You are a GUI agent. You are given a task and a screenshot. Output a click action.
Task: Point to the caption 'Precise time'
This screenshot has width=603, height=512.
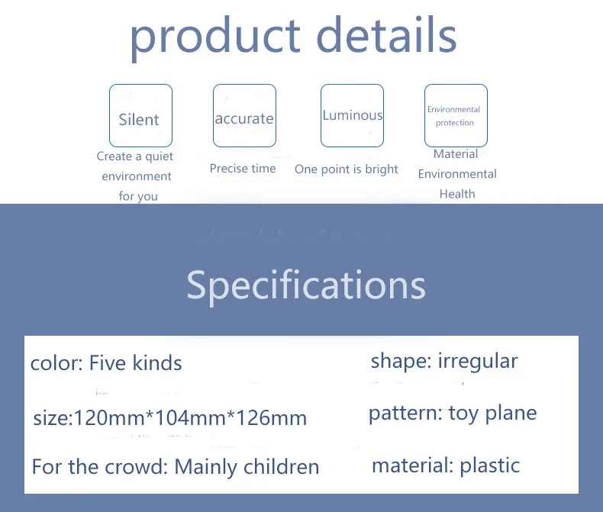pos(243,169)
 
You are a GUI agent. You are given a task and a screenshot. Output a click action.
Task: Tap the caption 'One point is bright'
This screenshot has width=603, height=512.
pos(346,169)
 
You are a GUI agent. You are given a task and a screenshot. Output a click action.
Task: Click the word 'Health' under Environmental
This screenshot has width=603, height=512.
pos(457,194)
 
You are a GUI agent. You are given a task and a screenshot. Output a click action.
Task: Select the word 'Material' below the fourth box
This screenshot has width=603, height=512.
pos(456,154)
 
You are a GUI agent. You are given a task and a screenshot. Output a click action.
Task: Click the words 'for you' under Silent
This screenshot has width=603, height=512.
pos(138,196)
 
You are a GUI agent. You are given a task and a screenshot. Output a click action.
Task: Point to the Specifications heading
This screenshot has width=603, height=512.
pos(306,285)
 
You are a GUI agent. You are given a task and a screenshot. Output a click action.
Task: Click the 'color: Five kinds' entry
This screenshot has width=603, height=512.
pos(106,363)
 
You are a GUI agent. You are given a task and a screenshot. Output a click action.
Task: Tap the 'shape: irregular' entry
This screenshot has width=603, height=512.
pos(444,362)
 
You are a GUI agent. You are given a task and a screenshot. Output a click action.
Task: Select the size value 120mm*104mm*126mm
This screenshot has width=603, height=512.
pos(190,418)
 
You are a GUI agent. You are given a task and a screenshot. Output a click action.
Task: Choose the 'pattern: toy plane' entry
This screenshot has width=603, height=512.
pos(453,414)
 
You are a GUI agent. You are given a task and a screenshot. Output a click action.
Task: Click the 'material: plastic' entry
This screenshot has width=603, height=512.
pos(446,465)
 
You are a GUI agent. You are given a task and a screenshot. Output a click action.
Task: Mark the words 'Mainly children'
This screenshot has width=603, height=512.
pos(247,467)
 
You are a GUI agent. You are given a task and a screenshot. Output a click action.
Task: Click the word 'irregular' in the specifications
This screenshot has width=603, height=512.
pos(478,362)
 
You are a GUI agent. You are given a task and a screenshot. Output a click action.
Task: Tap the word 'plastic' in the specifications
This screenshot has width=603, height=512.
pos(490,465)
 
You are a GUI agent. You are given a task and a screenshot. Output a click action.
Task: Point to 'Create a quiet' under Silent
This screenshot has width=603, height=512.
pos(135,156)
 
